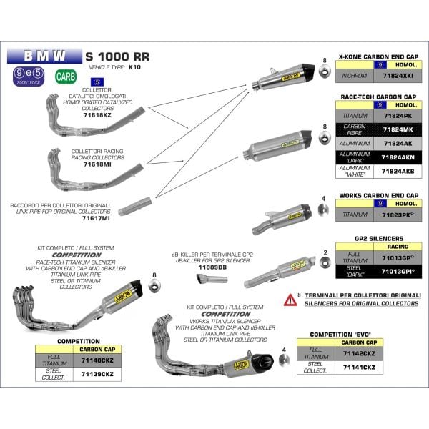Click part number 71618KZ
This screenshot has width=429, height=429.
tap(97, 114)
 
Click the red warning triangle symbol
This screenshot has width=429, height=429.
tap(290, 298)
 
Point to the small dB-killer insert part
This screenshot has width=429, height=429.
tap(212, 279)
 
